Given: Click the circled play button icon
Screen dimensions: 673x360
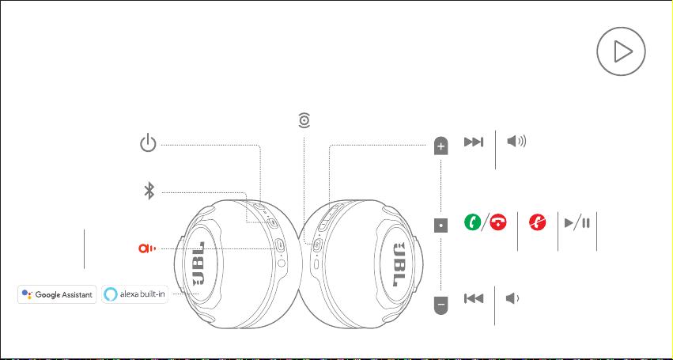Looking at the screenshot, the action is pos(621,51).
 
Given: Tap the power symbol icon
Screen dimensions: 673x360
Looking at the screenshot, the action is pos(148,143).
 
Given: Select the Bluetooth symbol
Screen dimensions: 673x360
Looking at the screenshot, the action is pos(149,191).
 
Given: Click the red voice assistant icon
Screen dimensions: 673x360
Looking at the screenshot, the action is pos(147,248).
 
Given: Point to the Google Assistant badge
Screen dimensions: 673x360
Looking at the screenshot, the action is pos(57,294).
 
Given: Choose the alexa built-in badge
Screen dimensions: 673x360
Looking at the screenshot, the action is pos(134,294).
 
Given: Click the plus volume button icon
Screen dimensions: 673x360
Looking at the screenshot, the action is pos(440,146).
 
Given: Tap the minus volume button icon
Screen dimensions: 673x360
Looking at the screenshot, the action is pos(440,305).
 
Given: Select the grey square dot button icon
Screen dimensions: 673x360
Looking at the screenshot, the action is pos(440,225).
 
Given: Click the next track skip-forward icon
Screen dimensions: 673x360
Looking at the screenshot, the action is pos(474,142).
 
